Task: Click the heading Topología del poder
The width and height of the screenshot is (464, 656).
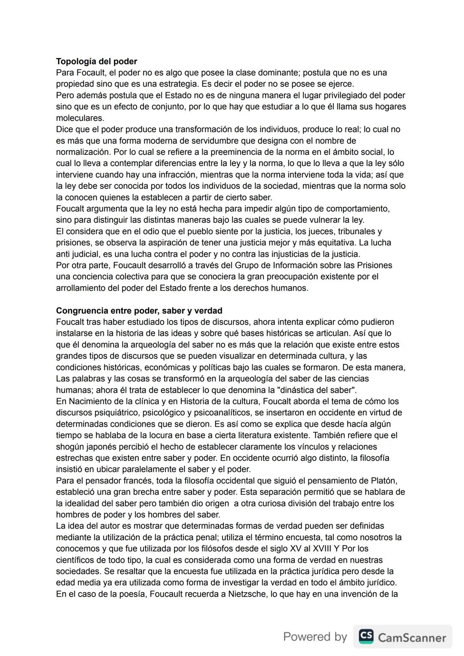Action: coord(96,62)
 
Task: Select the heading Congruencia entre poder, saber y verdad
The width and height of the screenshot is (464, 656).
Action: coord(139,311)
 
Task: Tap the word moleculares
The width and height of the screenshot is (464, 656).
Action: coord(80,118)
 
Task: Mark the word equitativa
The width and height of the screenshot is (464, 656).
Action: coord(330,243)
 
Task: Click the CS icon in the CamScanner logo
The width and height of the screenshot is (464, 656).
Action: coord(366,636)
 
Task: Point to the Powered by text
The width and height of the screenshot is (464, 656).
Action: coord(315,637)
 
